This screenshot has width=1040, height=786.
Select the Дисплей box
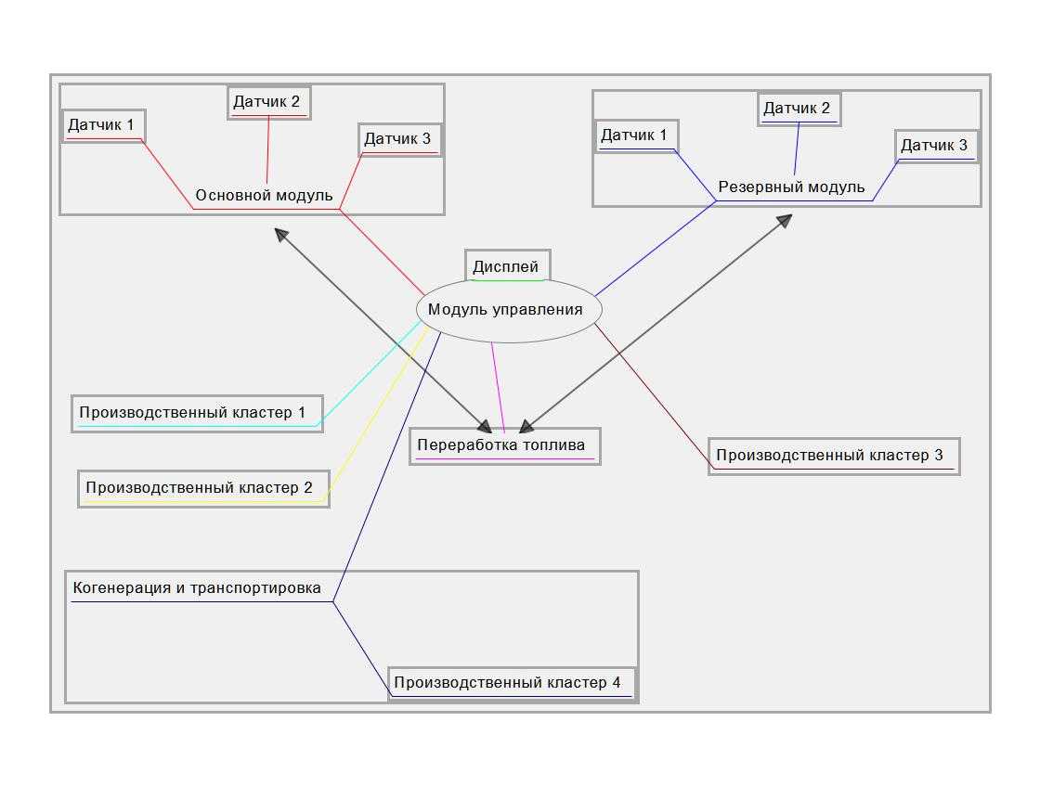click(x=507, y=266)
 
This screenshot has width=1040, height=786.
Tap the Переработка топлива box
click(x=504, y=445)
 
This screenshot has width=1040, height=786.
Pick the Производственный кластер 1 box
click(x=197, y=413)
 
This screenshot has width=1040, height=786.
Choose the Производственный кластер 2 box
click(x=203, y=487)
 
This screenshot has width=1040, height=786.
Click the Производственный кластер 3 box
click(x=833, y=456)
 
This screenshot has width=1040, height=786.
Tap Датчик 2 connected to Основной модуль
click(x=268, y=102)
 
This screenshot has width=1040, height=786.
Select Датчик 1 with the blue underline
click(x=636, y=135)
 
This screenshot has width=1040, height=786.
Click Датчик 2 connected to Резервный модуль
click(x=799, y=109)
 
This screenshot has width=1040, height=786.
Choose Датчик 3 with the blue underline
click(x=936, y=146)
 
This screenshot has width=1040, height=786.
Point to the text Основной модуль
click(x=264, y=195)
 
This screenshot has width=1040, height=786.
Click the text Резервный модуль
click(x=791, y=187)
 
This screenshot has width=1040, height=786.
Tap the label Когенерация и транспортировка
click(x=197, y=588)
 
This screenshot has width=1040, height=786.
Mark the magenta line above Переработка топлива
click(x=498, y=386)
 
